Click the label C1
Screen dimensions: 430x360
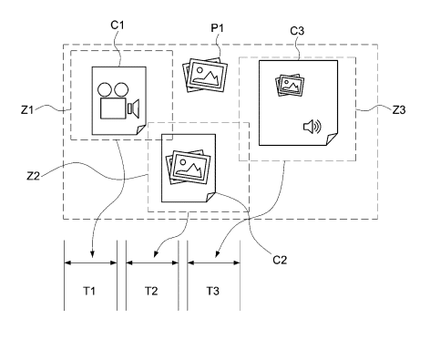[118, 26]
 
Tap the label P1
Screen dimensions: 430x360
[217, 28]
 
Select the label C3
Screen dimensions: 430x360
[297, 31]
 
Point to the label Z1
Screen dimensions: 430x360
[27, 109]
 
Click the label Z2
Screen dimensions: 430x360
[34, 176]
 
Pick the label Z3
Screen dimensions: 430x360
[399, 109]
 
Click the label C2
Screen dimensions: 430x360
[280, 260]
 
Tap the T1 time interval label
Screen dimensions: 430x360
[89, 291]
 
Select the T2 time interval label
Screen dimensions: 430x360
[151, 291]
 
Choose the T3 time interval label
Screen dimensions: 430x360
[213, 291]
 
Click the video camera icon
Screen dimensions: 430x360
[118, 100]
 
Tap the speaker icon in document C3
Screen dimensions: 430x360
[312, 127]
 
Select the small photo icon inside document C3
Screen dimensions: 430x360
[290, 85]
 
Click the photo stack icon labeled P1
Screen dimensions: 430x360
[205, 75]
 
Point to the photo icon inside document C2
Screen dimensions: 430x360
[189, 167]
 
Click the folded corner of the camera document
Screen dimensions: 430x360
[140, 129]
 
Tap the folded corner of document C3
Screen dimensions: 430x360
[332, 139]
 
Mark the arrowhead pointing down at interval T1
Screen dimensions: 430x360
[93, 254]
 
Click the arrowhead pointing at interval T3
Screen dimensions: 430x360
[217, 254]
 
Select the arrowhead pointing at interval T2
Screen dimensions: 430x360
[156, 254]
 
